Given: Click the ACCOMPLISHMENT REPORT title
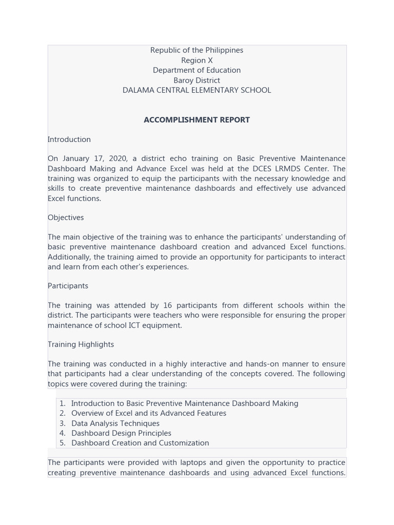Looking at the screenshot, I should [196, 120].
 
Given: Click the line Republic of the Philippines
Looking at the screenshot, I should [196, 50].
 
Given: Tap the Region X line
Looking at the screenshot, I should [196, 60].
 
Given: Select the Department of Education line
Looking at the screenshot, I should [196, 70].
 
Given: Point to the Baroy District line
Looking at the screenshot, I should [196, 80].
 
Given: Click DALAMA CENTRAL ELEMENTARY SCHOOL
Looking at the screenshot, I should [196, 90].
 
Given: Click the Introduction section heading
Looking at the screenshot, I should [69, 139].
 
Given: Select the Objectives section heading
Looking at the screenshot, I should [66, 217].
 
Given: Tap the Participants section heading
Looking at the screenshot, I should [68, 286].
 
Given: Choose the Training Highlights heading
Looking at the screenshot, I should [81, 345].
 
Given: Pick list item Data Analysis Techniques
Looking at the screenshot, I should [115, 423].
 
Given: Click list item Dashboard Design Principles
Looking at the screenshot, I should [121, 433].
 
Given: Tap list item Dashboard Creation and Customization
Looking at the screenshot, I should [140, 443].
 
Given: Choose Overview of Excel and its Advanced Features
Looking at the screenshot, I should [149, 413].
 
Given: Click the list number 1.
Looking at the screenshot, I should [62, 403].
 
